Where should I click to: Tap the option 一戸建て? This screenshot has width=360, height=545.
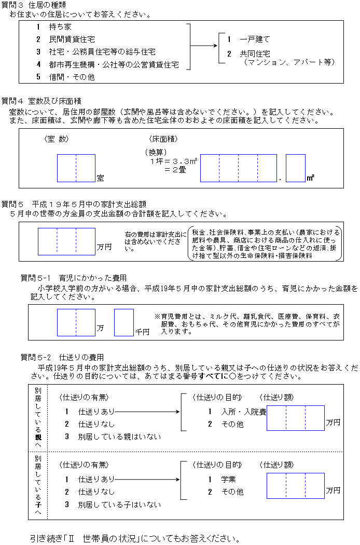coord(254,39)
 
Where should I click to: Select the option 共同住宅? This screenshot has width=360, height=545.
coord(254,53)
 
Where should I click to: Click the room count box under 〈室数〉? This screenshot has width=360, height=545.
coord(76,168)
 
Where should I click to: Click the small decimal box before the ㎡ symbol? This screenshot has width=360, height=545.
coord(295,168)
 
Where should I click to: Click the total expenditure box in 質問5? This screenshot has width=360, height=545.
coord(66,241)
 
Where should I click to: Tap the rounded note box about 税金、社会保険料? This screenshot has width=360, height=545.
coord(266,243)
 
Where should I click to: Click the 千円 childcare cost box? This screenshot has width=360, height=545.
coord(123,322)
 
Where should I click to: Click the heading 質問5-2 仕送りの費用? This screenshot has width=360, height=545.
coord(62,358)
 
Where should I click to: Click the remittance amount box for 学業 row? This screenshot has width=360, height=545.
coord(296,485)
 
